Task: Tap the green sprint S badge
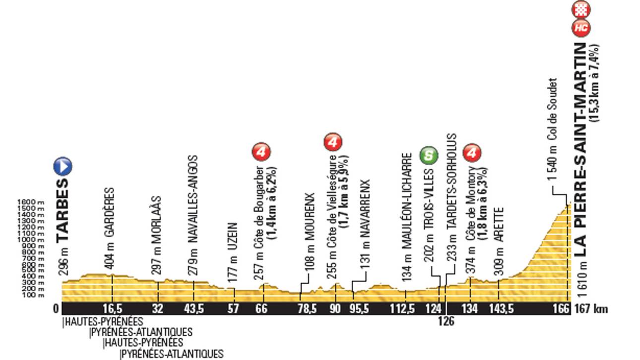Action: click(429, 155)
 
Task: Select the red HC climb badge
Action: click(581, 28)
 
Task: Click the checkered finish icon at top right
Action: click(581, 9)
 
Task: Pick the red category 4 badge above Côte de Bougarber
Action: click(261, 152)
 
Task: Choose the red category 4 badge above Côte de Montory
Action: click(472, 154)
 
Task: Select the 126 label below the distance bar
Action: click(446, 321)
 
